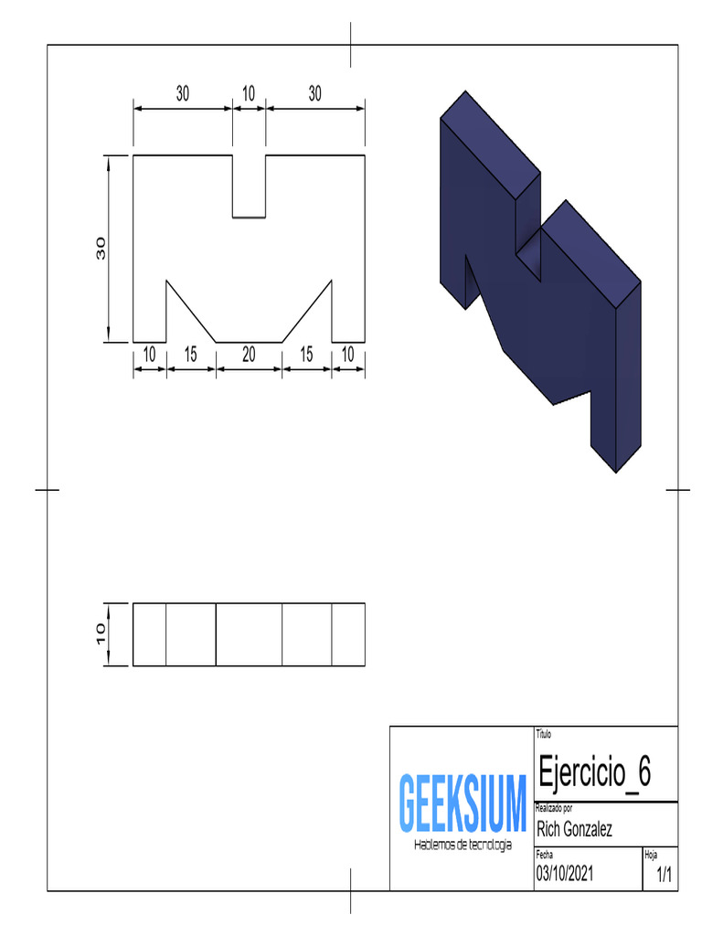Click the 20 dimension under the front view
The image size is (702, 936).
[249, 355]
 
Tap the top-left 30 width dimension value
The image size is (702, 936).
[183, 93]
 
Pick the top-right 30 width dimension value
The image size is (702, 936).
[315, 93]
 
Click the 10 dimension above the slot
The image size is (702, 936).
[249, 93]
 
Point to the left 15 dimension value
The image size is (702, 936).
[190, 355]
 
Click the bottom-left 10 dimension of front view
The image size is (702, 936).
[149, 355]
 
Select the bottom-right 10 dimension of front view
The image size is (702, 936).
[347, 355]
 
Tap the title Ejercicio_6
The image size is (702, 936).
[594, 772]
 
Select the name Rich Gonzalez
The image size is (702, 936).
[574, 829]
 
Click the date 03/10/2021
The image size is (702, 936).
[565, 874]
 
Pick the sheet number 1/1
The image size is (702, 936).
[665, 875]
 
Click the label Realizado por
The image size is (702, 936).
[554, 808]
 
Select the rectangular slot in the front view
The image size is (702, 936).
[249, 187]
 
